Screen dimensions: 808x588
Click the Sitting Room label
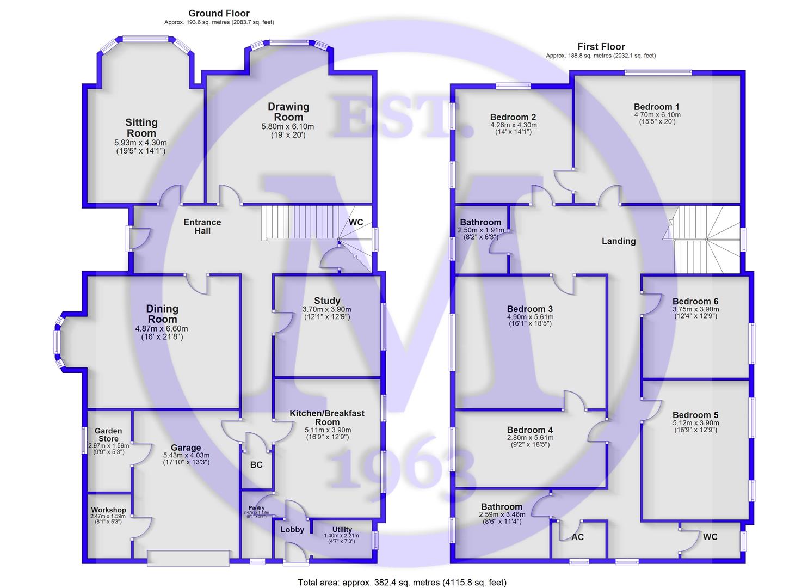(141, 128)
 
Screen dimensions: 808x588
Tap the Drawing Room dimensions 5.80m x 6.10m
(288, 127)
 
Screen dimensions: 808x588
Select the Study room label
(327, 301)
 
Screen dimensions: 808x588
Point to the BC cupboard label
(256, 465)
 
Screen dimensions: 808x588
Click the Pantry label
(256, 507)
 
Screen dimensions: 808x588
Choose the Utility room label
(342, 530)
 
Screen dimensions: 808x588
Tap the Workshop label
(108, 510)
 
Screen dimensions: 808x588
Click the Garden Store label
(108, 435)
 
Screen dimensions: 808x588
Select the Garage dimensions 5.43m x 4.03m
(186, 456)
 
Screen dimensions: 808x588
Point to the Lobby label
(292, 530)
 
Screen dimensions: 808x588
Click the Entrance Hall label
(202, 226)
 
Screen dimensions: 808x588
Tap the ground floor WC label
(356, 222)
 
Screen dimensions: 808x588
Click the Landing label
(619, 241)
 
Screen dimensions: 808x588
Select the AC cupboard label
(577, 537)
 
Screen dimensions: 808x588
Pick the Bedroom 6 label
(695, 302)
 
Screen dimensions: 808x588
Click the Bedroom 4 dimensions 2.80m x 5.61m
(531, 438)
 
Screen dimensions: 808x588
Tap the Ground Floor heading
(219, 14)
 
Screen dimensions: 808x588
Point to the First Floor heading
(601, 47)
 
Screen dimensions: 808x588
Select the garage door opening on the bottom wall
(189, 558)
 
